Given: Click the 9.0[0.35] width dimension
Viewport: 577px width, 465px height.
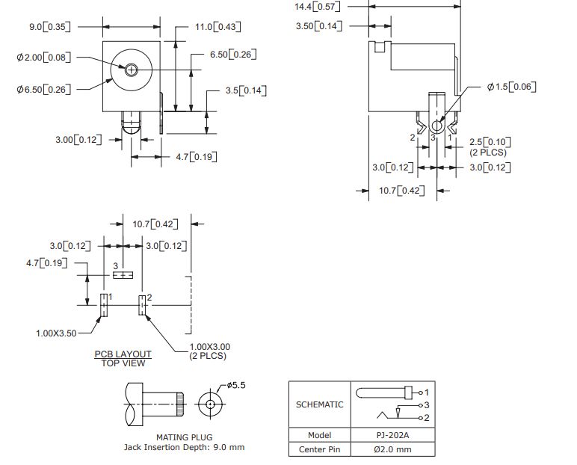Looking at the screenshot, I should tap(50, 27).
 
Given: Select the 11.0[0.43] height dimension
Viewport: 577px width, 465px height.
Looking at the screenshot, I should tap(215, 27).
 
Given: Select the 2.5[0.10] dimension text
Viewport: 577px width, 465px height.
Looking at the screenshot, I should tap(490, 142).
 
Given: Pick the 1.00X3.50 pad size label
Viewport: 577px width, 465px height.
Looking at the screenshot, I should tap(56, 333).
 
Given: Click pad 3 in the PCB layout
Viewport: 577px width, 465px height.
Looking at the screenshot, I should tap(123, 275).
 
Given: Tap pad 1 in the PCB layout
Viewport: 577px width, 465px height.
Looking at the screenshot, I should tap(103, 305).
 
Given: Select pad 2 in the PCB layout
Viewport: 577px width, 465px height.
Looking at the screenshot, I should tap(141, 305).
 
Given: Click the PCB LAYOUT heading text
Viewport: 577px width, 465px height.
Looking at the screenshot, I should tap(123, 354).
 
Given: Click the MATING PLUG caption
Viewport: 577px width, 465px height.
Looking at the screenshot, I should tap(184, 437).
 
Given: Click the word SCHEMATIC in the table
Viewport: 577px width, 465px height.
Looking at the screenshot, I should tap(320, 404).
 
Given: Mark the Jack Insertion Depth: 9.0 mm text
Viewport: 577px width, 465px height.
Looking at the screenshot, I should tap(184, 448).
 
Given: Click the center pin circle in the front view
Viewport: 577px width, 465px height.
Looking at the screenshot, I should tap(132, 70).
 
